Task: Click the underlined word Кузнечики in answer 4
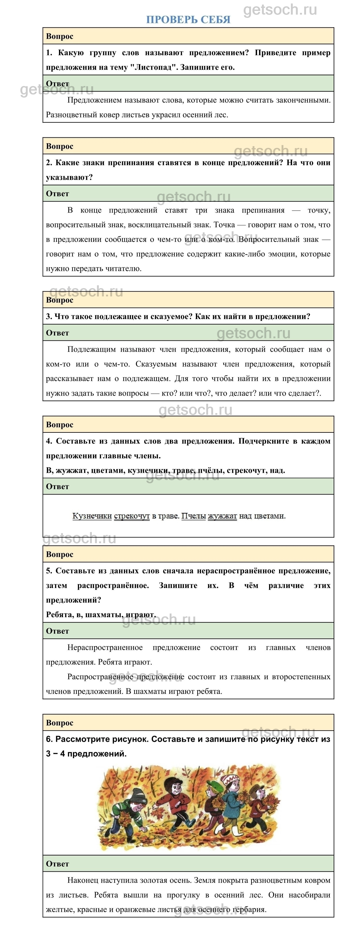92,516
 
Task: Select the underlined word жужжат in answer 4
222,516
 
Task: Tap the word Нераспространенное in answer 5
105,647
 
